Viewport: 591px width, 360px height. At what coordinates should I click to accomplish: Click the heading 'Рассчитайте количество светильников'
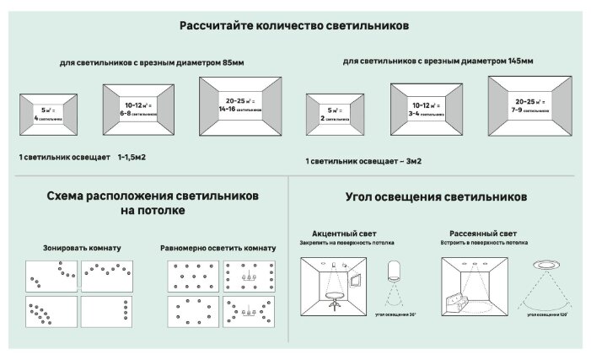[294, 26]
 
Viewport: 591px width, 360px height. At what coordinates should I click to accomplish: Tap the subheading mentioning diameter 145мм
[438, 61]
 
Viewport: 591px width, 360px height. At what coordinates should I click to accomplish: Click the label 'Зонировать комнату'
[82, 249]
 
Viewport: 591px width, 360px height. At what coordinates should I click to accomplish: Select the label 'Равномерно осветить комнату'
[217, 249]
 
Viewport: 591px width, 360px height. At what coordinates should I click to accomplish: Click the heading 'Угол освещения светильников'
[437, 196]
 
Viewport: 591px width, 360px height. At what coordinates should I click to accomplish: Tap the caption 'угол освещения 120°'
[542, 314]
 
